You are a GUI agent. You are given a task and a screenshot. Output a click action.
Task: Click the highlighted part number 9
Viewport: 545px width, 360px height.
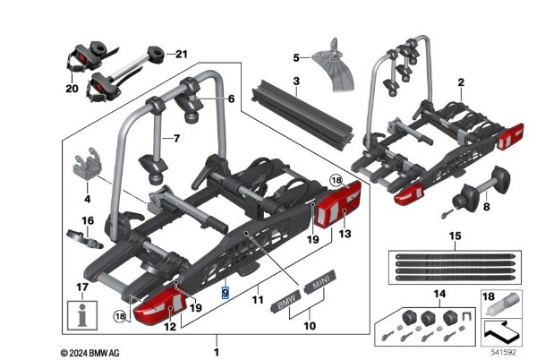tap(226, 292)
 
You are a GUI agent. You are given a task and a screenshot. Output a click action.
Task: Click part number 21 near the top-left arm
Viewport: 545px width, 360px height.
tap(183, 54)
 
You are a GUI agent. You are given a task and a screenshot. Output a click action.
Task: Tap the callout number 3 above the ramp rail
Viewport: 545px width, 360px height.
tap(294, 81)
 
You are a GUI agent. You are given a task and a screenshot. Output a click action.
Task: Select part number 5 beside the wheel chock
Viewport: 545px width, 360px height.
tap(296, 58)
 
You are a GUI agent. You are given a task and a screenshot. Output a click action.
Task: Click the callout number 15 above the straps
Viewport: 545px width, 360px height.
tap(455, 236)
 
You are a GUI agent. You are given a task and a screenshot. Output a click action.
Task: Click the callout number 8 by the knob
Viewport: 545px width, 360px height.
tap(485, 206)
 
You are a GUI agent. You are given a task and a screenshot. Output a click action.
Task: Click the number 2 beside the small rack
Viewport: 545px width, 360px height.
tap(460, 82)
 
